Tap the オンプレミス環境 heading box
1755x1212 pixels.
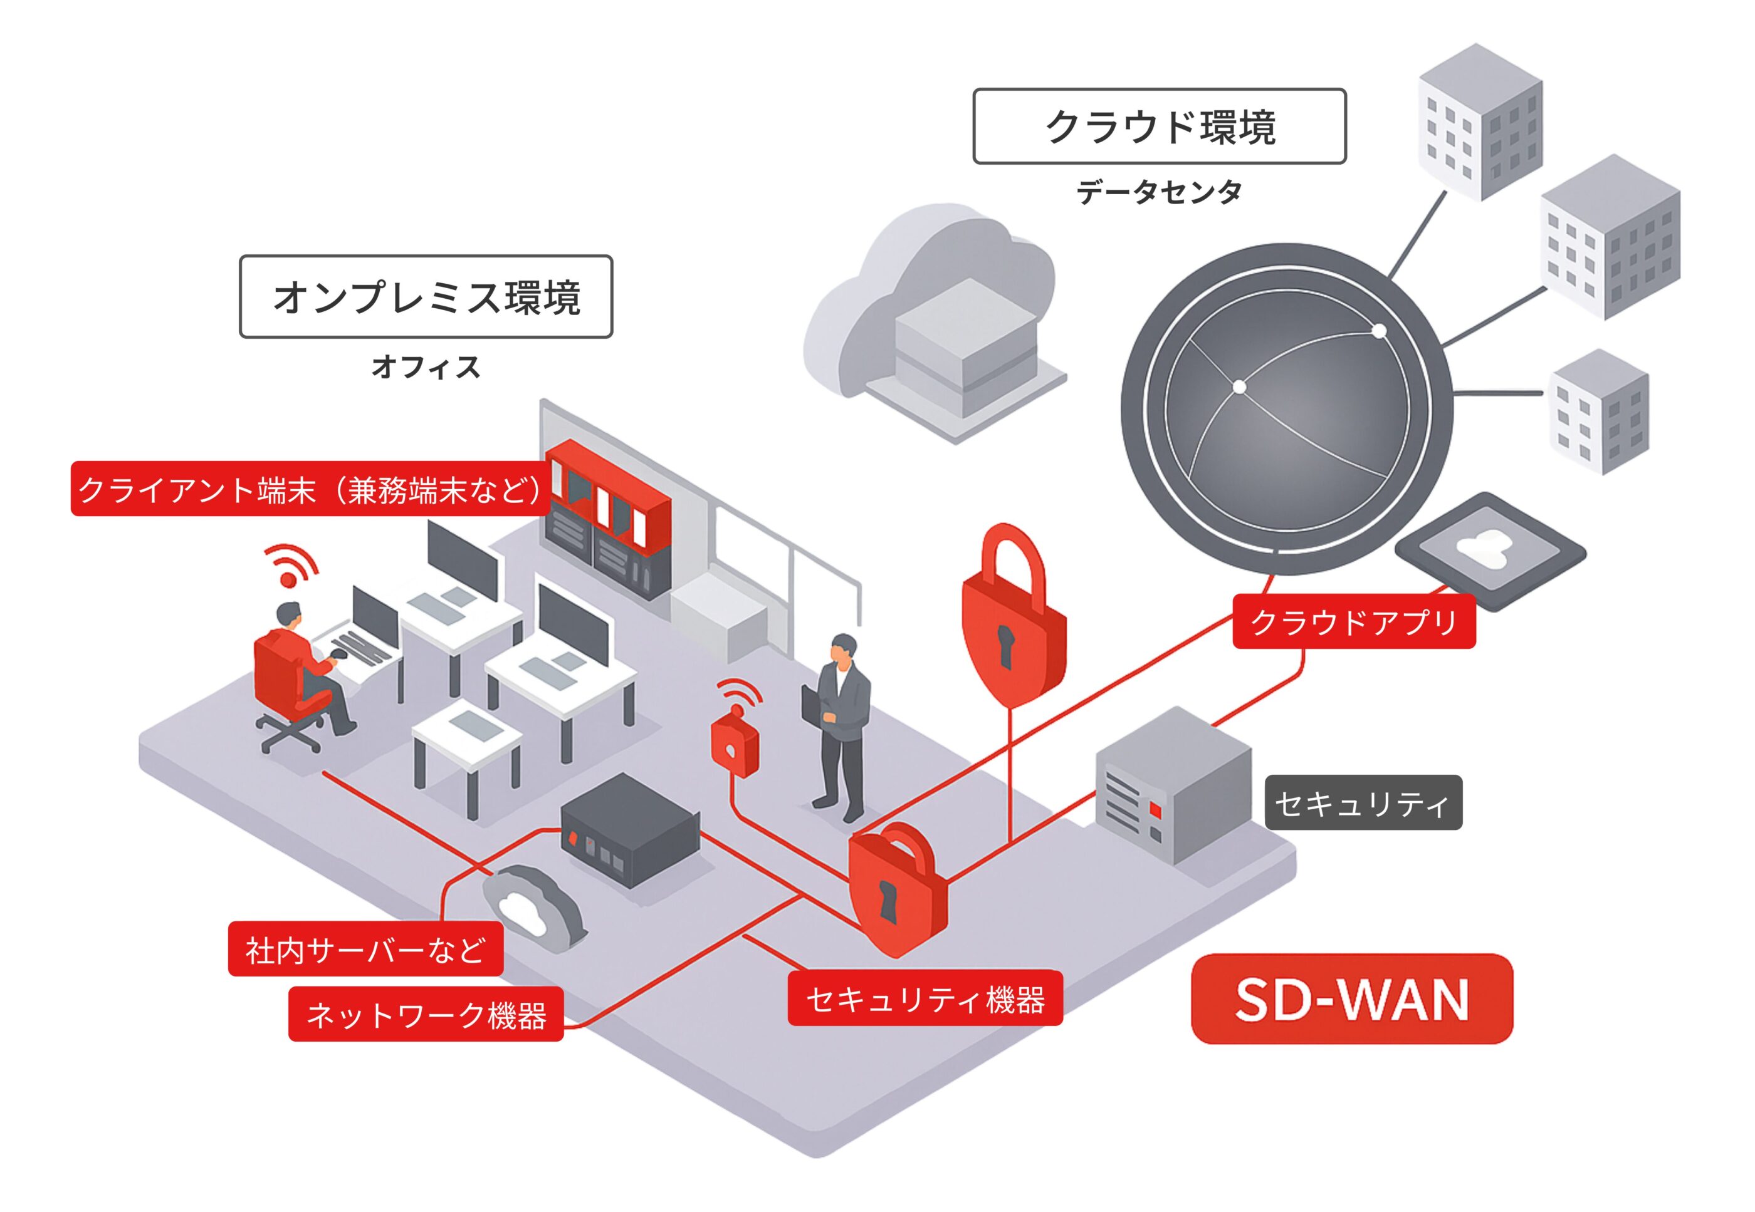426,296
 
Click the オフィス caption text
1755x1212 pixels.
426,367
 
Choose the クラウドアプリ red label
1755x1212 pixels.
1353,621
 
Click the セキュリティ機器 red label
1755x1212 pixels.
925,998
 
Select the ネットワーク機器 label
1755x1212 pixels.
426,1015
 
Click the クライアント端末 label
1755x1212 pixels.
310,490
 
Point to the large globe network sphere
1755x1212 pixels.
1286,410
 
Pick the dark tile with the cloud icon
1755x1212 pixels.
1490,550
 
